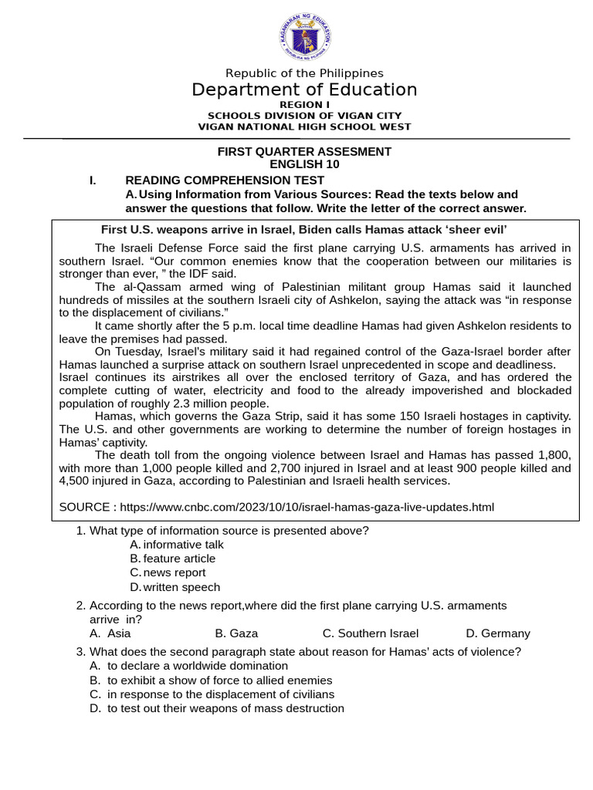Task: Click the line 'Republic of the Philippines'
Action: (x=303, y=73)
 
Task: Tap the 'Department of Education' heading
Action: (x=304, y=90)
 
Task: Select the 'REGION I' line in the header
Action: (x=304, y=104)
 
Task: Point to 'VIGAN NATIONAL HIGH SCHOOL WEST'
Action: (x=304, y=127)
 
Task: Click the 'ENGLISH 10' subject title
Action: (x=304, y=164)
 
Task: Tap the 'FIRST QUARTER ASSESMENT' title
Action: (x=304, y=151)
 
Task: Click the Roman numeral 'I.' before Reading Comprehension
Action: (x=93, y=181)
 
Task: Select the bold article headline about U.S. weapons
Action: (x=304, y=229)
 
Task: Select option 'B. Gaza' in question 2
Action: (x=236, y=633)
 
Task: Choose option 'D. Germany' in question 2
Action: (x=498, y=633)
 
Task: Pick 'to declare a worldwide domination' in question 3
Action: (x=197, y=666)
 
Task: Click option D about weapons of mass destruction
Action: (x=225, y=708)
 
